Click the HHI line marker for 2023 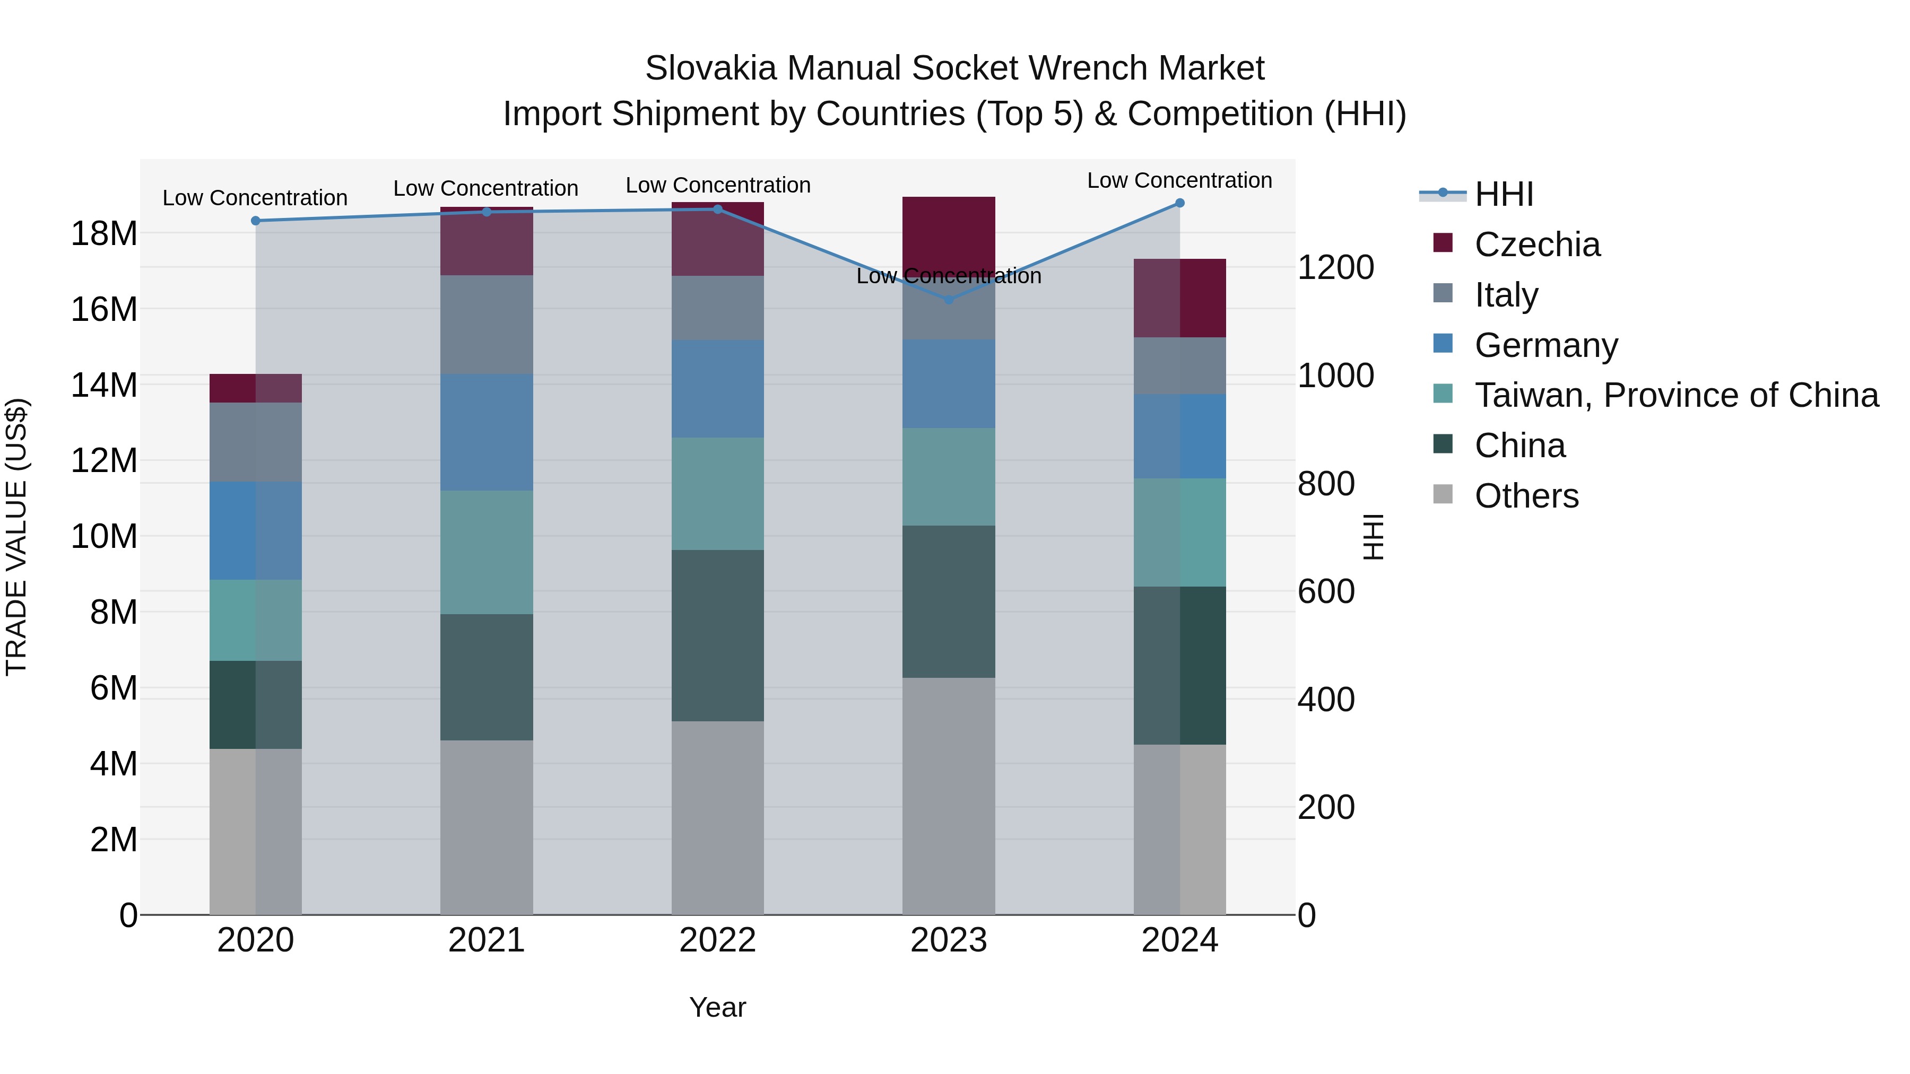coord(948,300)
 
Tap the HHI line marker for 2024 coord(1179,203)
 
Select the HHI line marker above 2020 coord(256,221)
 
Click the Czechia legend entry coord(1536,245)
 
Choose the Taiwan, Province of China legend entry coord(1675,395)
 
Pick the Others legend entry coord(1526,496)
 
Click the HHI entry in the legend coord(1503,194)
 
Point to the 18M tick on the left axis coord(104,234)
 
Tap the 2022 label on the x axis coord(717,940)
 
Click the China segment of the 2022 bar coord(717,635)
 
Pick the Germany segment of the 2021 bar coord(487,432)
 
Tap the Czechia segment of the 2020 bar coord(256,388)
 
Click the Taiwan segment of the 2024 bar coord(1179,532)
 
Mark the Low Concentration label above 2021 coord(485,188)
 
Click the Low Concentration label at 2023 coord(948,276)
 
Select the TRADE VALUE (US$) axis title coord(16,537)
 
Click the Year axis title coord(717,1007)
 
